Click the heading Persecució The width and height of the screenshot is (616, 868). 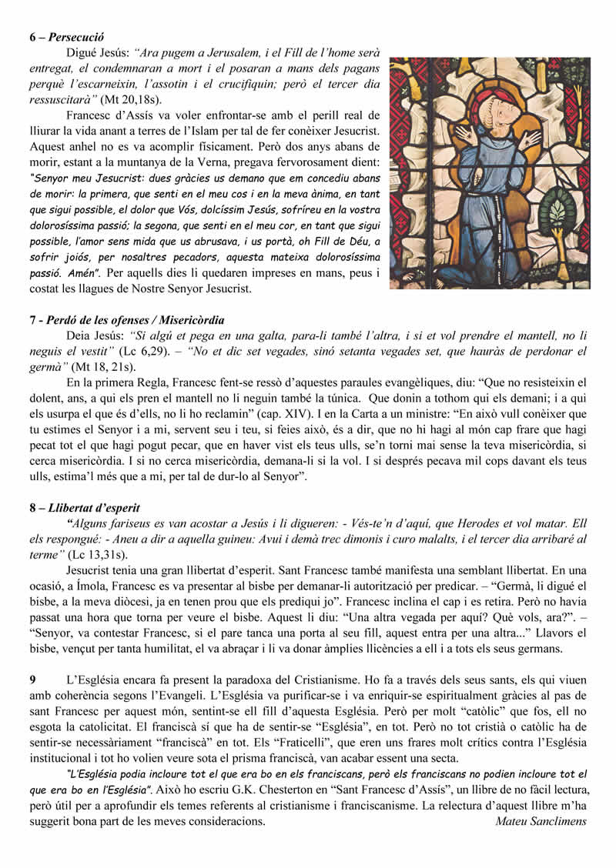point(76,37)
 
